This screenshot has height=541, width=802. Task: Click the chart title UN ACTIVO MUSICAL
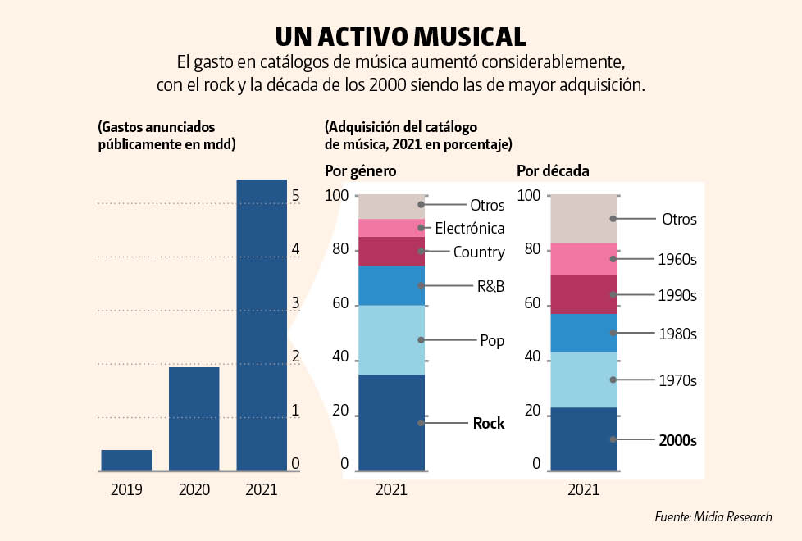400,36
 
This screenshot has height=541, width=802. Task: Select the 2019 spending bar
126,460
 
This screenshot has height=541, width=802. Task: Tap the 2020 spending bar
194,418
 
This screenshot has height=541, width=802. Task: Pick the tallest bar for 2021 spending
262,325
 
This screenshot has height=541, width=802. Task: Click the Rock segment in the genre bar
392,422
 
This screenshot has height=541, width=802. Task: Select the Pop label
492,340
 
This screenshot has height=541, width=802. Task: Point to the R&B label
490,286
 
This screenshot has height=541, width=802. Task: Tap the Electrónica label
469,228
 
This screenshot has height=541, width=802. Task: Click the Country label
479,252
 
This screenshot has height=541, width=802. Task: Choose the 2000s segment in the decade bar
583,439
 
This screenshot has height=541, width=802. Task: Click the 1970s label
677,380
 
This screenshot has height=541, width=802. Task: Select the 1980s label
677,334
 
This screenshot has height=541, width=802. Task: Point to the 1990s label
677,295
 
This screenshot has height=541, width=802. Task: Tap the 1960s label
677,260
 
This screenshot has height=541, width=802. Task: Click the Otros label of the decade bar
678,220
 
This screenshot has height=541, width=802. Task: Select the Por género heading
361,171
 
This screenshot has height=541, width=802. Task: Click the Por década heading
553,171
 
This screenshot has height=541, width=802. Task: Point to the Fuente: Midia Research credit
713,516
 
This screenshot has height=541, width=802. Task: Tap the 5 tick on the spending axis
295,197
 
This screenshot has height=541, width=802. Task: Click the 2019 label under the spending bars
126,490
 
